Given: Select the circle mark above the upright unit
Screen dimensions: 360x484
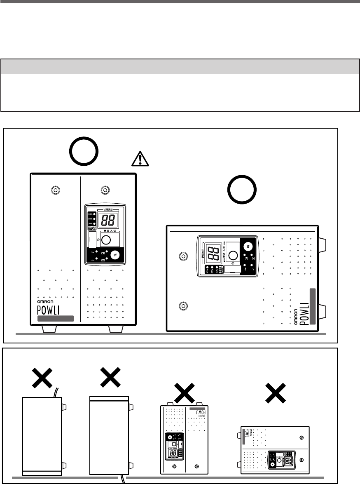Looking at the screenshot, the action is [x=84, y=151].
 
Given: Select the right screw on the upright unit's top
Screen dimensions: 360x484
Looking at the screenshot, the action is [x=105, y=190].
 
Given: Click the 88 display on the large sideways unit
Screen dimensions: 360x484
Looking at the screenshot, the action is [x=214, y=256].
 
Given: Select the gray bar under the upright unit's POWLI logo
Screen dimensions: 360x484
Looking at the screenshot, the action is [x=55, y=318].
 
